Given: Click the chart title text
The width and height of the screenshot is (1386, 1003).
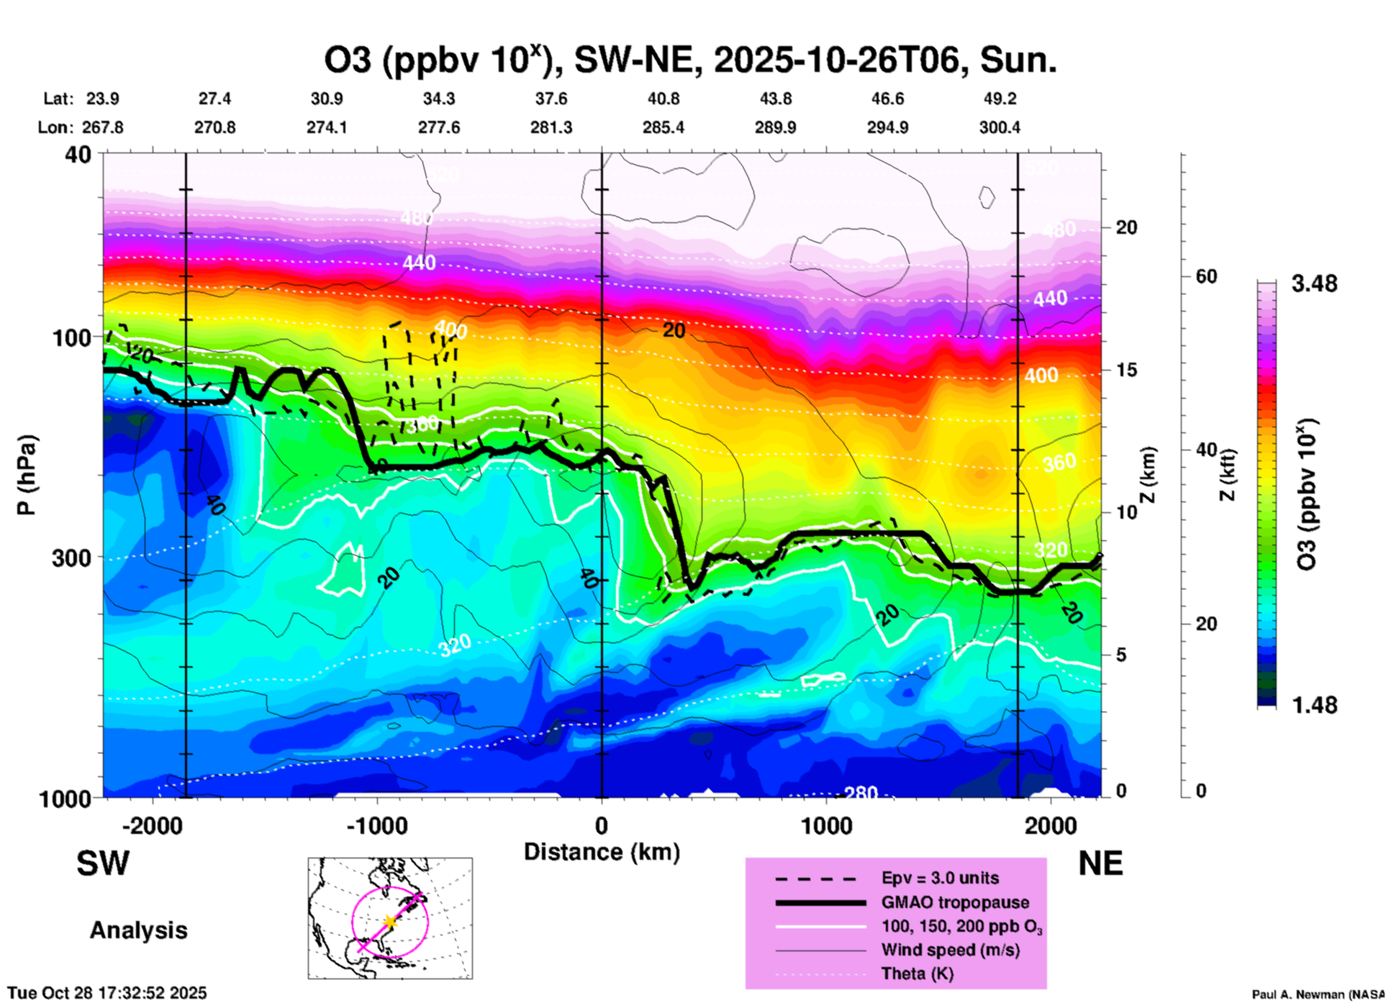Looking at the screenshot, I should pos(689,60).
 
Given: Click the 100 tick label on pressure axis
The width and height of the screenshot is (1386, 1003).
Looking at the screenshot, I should pos(72,337).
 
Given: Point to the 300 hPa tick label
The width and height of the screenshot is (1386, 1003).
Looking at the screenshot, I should pos(72,558).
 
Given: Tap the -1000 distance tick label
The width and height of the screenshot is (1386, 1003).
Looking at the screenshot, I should pos(377,825).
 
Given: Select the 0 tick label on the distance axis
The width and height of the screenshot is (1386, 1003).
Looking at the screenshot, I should pos(602,825).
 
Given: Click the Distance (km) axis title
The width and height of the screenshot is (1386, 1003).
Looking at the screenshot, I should pos(602,852).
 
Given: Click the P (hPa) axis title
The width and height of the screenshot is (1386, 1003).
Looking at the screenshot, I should pos(27,475).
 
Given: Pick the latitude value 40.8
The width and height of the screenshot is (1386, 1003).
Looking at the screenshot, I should pos(663,99).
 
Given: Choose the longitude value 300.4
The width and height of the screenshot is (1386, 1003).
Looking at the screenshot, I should pos(999,127).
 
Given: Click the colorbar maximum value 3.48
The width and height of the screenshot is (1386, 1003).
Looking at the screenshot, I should pos(1314,283).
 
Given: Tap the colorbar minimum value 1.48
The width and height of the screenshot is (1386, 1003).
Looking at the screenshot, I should pos(1314,704).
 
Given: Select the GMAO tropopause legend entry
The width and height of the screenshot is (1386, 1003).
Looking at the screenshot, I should pos(955,902).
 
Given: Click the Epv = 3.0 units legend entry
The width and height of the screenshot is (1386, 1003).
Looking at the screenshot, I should pos(940,878).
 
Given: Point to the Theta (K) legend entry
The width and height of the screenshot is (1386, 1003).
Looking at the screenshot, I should pos(917,973).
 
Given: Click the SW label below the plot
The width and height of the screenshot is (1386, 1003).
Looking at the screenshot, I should pos(103,863).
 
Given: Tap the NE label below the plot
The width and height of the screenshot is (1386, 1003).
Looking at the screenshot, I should pos(1100,863).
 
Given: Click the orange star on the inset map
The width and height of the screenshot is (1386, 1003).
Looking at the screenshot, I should pos(390,921).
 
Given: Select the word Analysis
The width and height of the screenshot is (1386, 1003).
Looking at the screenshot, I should pos(138,930).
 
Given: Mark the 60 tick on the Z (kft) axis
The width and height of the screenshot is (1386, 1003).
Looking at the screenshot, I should pos(1206,276).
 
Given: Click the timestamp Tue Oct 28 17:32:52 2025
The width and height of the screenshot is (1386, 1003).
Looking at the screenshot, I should pos(107,993).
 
